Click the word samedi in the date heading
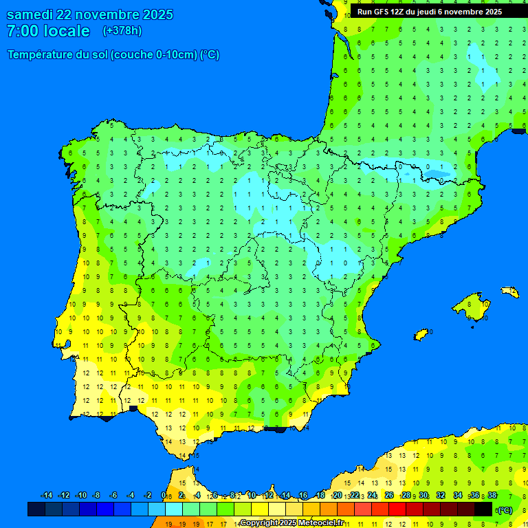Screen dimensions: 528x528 point(30,14)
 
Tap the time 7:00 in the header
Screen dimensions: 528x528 point(23,31)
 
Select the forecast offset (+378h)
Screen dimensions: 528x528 point(122,31)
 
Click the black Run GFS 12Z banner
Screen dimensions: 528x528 point(429,12)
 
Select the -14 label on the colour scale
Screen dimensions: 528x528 point(47,496)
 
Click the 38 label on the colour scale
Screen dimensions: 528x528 point(492,496)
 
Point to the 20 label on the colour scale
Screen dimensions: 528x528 point(337,496)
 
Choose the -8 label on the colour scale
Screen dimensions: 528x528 point(96,496)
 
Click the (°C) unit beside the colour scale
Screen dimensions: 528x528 point(505,510)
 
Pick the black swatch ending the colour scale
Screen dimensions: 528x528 point(483,509)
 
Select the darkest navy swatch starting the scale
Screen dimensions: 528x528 point(36,509)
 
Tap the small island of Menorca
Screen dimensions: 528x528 point(510,292)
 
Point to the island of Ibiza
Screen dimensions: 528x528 point(421,334)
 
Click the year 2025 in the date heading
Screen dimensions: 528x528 point(157,14)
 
